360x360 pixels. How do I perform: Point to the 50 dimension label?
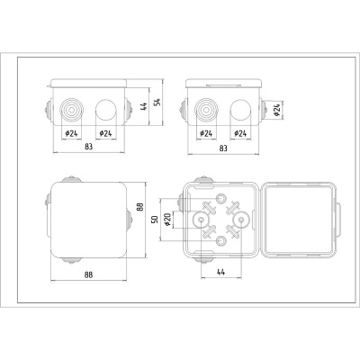coord(154,220)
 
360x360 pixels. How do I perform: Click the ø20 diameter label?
coord(168,220)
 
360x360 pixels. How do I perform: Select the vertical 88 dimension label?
coord(139,207)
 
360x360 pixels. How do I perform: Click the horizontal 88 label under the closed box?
coord(87,275)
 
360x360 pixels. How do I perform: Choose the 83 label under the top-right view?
coord(223,146)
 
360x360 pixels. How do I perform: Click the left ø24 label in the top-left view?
coord(71,133)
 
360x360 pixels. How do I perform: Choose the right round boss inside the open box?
coord(239,220)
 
